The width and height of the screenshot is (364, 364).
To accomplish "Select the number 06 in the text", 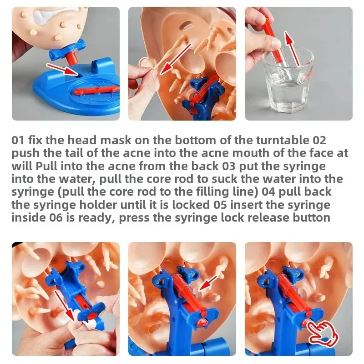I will pyautogui.click(x=56, y=217).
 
